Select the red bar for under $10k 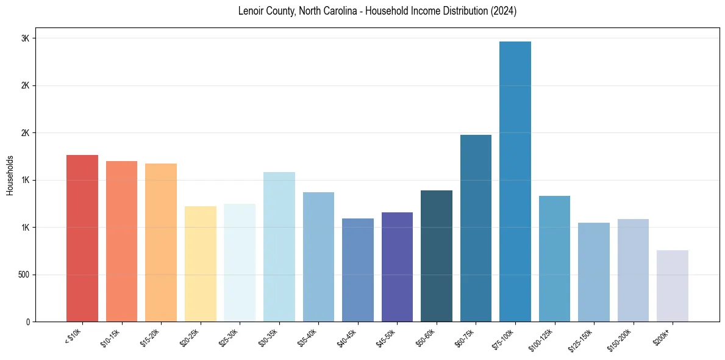pos(82,238)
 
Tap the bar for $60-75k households pos(476,228)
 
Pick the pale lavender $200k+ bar pos(673,286)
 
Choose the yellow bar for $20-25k pos(201,264)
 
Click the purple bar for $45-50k pos(397,267)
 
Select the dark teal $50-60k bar pos(437,256)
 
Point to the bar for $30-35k pos(279,247)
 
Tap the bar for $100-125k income pos(554,259)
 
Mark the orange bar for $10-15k pos(121,241)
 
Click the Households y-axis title pos(10,175)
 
